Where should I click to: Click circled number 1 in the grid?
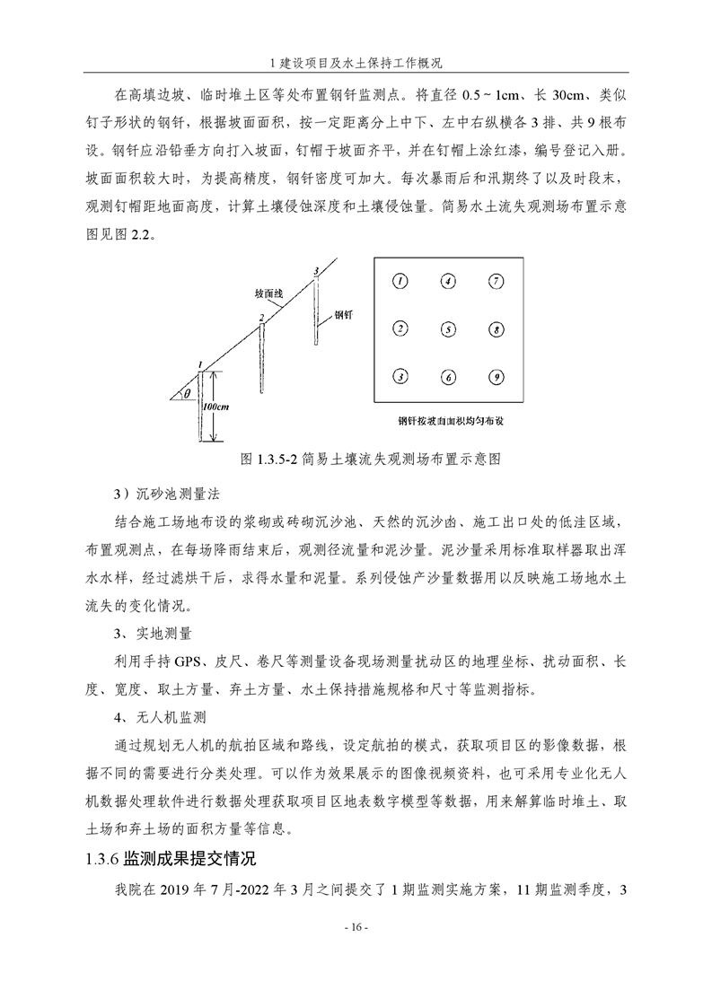(x=400, y=281)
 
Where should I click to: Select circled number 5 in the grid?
(x=448, y=329)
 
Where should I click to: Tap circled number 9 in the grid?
(x=496, y=377)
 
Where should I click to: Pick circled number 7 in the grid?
(x=496, y=281)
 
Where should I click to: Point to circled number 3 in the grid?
(x=400, y=377)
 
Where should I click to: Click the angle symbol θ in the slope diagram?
(x=187, y=392)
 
